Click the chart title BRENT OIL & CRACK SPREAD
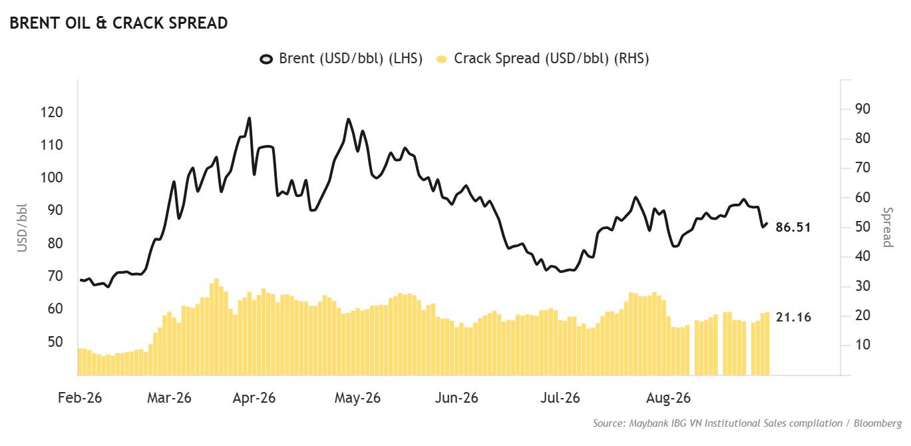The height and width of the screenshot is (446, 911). click(118, 23)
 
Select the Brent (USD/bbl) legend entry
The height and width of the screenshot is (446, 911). click(341, 59)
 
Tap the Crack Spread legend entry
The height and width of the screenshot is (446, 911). click(542, 59)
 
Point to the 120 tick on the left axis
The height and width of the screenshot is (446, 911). click(52, 112)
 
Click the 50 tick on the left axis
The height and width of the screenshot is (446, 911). click(55, 342)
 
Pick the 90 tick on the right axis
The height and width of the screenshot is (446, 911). click(862, 109)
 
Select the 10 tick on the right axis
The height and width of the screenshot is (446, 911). click(862, 345)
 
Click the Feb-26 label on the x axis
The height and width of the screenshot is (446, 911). click(80, 397)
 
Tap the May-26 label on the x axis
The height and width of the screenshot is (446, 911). click(357, 397)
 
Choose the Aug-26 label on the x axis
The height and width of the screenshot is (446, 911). click(668, 397)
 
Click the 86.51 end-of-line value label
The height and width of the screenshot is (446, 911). click(793, 227)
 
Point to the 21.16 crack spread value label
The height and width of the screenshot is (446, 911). click(793, 317)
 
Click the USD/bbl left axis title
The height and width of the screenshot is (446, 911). click(22, 228)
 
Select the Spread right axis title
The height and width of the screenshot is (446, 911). click(888, 227)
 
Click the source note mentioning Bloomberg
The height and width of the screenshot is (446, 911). click(747, 423)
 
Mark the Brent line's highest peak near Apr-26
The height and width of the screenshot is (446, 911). click(250, 118)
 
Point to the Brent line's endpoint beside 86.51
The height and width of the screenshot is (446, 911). click(767, 224)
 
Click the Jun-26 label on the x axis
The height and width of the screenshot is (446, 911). click(456, 397)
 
